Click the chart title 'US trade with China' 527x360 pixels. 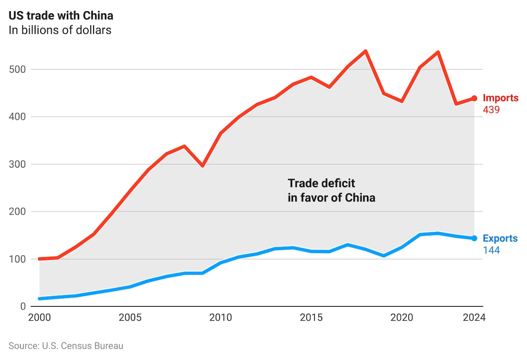click(61, 16)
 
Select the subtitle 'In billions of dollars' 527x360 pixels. click(60, 30)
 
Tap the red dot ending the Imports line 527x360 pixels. click(474, 98)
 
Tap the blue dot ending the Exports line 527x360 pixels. click(474, 238)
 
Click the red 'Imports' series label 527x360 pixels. click(500, 98)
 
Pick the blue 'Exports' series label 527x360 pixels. click(500, 238)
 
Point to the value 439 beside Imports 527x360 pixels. click(491, 110)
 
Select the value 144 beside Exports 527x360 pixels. click(491, 250)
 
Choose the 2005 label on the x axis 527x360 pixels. click(130, 318)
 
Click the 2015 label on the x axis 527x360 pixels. click(311, 318)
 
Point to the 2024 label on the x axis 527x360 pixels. click(474, 318)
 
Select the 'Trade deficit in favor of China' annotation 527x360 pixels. click(332, 190)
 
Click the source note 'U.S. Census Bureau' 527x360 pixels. click(66, 346)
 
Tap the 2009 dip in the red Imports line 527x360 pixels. click(202, 166)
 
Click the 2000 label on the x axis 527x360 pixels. click(39, 318)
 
